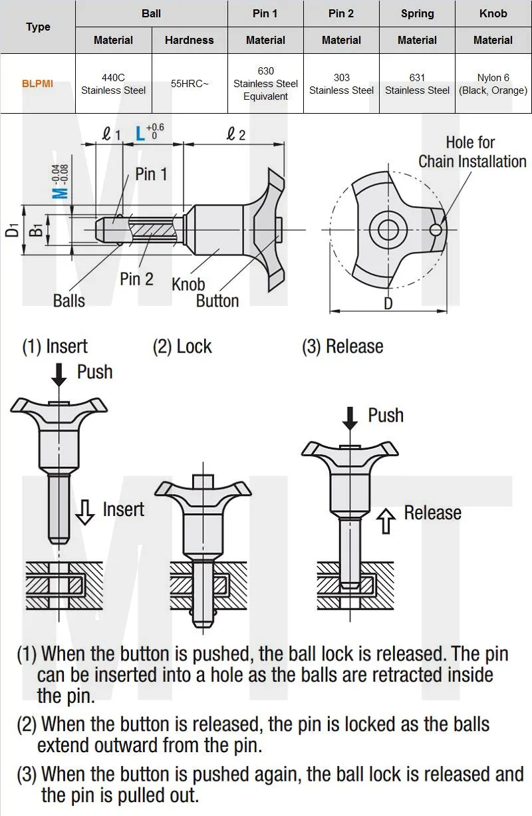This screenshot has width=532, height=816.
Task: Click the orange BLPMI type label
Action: pyautogui.click(x=37, y=84)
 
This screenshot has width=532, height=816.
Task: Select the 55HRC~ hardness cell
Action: pyautogui.click(x=190, y=84)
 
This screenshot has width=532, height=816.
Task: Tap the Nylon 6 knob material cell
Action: pyautogui.click(x=493, y=84)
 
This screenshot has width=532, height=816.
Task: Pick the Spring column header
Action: pyautogui.click(x=417, y=13)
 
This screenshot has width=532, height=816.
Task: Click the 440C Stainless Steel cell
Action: pyautogui.click(x=113, y=84)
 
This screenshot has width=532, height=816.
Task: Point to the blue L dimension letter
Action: pyautogui.click(x=140, y=133)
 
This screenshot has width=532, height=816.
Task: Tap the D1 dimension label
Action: pyautogui.click(x=11, y=230)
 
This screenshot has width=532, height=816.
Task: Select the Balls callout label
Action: pyautogui.click(x=68, y=301)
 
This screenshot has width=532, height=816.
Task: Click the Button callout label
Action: pyautogui.click(x=217, y=301)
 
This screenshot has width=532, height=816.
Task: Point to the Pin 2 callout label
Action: pyautogui.click(x=136, y=279)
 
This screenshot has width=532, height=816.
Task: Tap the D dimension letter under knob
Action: pyautogui.click(x=388, y=303)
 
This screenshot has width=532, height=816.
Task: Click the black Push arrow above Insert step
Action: pyautogui.click(x=59, y=374)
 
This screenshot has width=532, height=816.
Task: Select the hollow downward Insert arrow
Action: pyautogui.click(x=84, y=513)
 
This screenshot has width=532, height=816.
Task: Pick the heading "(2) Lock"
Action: pyautogui.click(x=182, y=346)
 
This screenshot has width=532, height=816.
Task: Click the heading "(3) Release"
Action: pyautogui.click(x=342, y=346)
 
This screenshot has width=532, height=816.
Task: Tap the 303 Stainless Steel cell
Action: pyautogui.click(x=341, y=84)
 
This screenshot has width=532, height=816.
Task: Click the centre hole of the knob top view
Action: pyautogui.click(x=387, y=230)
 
